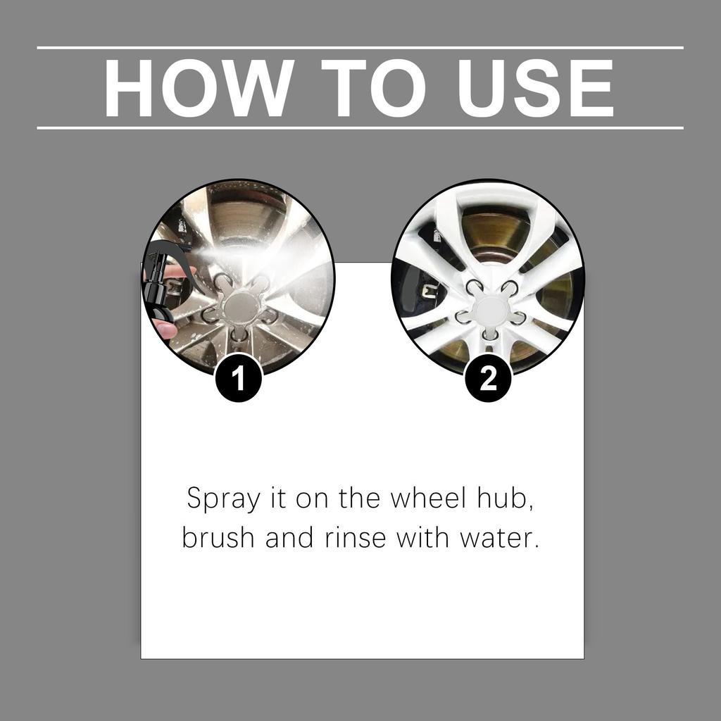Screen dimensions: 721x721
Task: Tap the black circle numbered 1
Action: click(239, 380)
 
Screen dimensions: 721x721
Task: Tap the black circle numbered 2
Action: click(488, 380)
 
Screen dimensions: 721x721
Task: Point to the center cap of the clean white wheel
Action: click(489, 308)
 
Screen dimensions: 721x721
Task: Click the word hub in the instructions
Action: click(509, 499)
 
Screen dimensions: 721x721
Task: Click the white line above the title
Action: click(360, 48)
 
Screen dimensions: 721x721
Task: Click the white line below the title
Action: click(360, 128)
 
